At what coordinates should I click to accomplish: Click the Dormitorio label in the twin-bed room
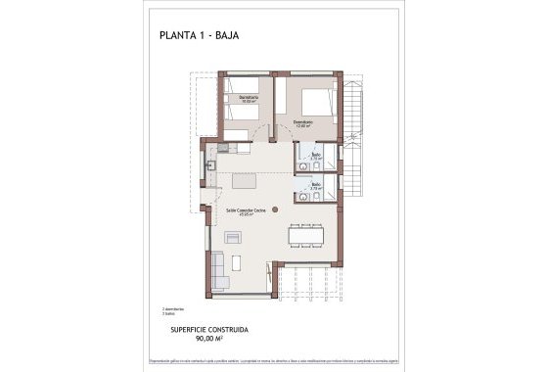[248, 97]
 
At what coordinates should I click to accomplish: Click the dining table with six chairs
[306, 235]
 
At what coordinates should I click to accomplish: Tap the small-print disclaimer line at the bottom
[274, 361]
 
